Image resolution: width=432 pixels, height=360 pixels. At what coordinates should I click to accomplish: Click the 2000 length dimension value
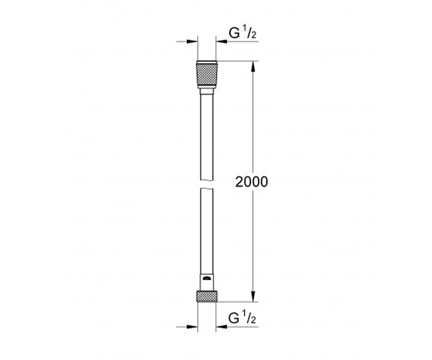[x=252, y=182]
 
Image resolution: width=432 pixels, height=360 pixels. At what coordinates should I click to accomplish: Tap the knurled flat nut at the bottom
[x=207, y=296]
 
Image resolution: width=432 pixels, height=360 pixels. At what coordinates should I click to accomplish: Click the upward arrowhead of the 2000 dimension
[x=253, y=66]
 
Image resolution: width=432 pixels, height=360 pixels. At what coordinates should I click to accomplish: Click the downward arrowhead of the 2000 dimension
[x=253, y=297]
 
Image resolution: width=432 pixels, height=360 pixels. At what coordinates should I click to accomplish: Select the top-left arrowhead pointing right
[x=192, y=42]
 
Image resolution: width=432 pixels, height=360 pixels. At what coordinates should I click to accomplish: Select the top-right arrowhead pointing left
[x=221, y=42]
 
